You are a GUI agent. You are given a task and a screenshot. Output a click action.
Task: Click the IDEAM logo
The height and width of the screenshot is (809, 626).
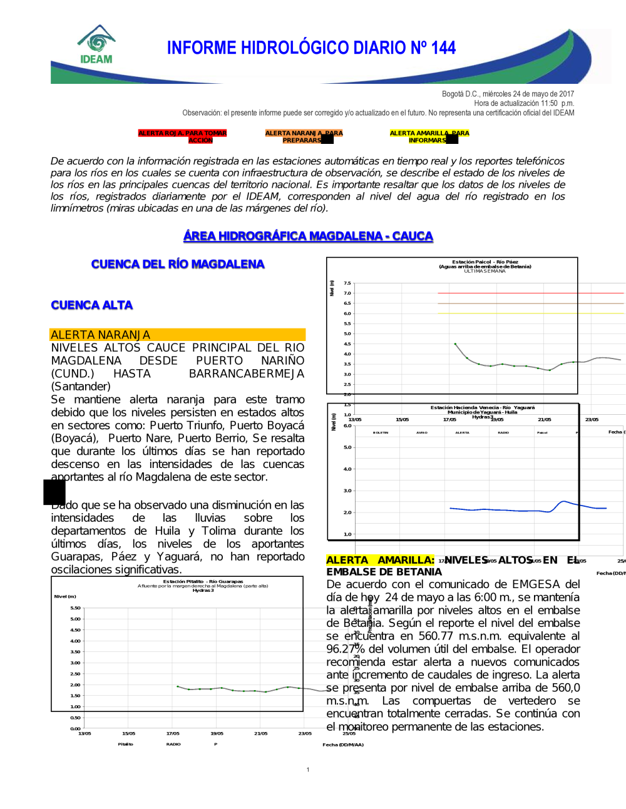tap(96, 45)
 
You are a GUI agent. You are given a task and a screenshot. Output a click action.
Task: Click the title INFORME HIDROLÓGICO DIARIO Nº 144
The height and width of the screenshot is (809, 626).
tap(311, 48)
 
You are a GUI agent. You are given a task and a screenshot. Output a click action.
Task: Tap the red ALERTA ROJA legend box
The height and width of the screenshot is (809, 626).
tap(182, 136)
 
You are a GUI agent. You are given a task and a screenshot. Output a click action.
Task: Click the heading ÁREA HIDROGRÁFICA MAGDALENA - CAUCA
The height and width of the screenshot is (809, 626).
tap(308, 236)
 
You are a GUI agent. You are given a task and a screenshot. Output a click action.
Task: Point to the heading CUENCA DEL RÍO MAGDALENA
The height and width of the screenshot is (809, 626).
tap(178, 264)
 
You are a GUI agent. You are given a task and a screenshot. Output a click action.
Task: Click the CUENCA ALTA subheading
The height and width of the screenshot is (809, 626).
tap(92, 305)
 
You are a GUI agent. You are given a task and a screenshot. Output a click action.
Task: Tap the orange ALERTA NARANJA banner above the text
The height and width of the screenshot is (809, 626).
tap(177, 335)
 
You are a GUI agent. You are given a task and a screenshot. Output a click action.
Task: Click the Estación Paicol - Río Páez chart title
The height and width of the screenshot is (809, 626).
tap(485, 264)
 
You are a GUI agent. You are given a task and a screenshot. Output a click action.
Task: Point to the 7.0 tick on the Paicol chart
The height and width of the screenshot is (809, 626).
tap(347, 293)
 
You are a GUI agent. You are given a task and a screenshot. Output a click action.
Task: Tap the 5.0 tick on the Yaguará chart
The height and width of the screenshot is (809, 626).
tap(347, 447)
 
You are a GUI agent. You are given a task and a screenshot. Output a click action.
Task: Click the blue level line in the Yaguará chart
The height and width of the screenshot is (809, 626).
tap(501, 510)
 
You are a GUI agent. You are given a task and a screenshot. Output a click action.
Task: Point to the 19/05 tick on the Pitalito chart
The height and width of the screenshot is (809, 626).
tap(217, 733)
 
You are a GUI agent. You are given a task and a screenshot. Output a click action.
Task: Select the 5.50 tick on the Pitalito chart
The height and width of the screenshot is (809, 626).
tap(75, 608)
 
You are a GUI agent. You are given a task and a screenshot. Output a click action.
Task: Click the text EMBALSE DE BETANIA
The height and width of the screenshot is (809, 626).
tap(384, 572)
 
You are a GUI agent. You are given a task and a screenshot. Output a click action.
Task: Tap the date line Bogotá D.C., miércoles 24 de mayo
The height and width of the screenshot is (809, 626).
tap(508, 94)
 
